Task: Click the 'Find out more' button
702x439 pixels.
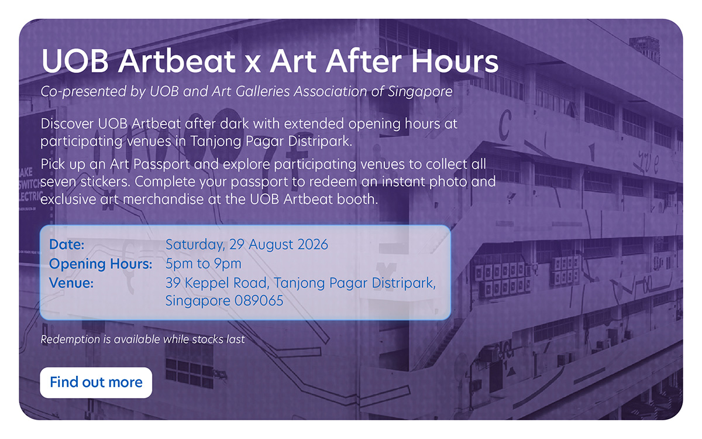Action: tap(96, 383)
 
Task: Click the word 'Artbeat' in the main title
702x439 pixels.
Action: tap(177, 61)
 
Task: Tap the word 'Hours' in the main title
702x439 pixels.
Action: tap(455, 61)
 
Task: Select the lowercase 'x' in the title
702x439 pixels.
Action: tap(252, 65)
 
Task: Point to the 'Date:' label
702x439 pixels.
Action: tap(67, 245)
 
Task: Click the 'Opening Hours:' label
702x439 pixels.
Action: tap(101, 264)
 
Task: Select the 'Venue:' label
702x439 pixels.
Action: tap(71, 283)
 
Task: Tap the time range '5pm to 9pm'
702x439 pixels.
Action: tap(204, 264)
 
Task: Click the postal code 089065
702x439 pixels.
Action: tap(259, 301)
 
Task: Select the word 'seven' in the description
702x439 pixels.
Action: tap(58, 182)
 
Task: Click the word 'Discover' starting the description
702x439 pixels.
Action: tap(67, 124)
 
